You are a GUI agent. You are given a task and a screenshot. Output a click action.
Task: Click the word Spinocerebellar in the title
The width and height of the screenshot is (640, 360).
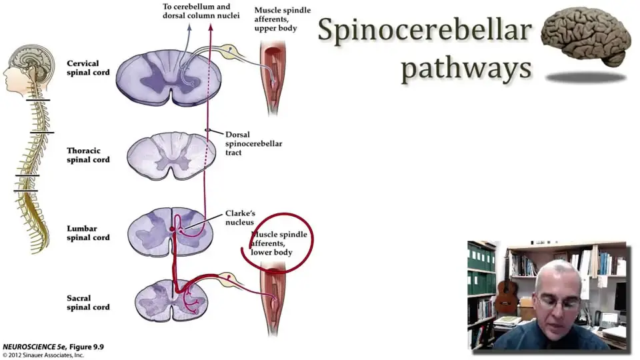[425, 31]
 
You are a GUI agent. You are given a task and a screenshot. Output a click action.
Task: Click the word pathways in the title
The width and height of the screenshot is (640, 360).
[467, 67]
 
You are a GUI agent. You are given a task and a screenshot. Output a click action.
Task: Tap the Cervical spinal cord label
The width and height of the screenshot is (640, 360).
[88, 68]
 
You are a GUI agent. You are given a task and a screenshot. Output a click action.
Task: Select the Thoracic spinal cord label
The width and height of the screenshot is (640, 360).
[88, 155]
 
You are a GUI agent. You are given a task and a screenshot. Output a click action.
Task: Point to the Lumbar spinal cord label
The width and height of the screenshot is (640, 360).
[88, 233]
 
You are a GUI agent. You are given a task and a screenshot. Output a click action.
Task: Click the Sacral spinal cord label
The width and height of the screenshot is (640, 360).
[88, 303]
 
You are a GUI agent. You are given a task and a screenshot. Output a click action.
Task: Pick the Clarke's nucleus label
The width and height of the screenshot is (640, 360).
[240, 217]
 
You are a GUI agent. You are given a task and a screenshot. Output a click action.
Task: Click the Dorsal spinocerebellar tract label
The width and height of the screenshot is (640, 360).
[253, 143]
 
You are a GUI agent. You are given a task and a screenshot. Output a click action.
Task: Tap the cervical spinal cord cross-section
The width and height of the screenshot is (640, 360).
[169, 77]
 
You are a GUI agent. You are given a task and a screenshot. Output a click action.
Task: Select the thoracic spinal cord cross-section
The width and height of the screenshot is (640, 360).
[171, 155]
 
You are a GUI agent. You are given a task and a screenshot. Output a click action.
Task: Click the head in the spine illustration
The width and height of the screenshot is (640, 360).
[29, 67]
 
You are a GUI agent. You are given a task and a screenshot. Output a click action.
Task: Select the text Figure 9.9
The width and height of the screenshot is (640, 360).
[86, 347]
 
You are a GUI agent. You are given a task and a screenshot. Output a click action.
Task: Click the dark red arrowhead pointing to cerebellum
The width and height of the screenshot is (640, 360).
[211, 27]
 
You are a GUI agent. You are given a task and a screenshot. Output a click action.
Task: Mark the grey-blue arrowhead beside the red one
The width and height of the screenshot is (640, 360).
[189, 27]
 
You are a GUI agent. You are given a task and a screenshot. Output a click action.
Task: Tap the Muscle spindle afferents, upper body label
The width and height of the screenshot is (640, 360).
[283, 19]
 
